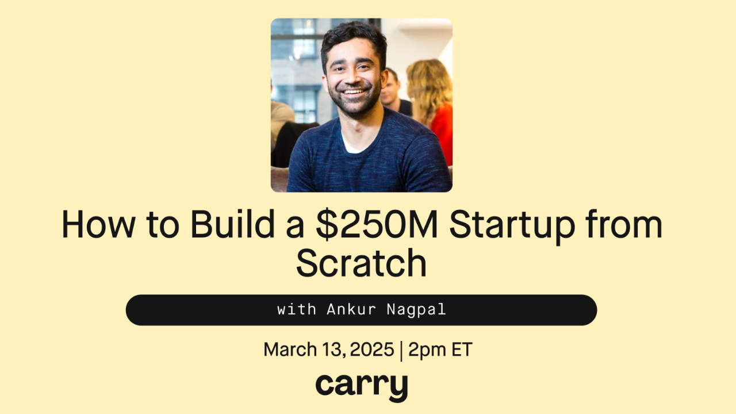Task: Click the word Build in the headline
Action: tap(232, 224)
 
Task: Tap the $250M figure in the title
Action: tap(377, 224)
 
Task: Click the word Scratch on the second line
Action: tap(361, 263)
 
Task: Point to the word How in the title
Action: tap(98, 224)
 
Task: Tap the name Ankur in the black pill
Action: tap(351, 309)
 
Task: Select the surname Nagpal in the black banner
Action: tap(416, 310)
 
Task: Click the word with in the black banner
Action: tap(296, 309)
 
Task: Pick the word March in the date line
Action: tap(290, 349)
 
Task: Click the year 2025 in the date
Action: tap(372, 349)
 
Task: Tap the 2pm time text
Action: tap(427, 350)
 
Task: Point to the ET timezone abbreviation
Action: tap(462, 349)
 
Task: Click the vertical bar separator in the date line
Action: tap(401, 351)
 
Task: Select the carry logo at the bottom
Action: tap(362, 388)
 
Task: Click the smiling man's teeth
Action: tap(354, 91)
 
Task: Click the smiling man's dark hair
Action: tap(354, 38)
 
